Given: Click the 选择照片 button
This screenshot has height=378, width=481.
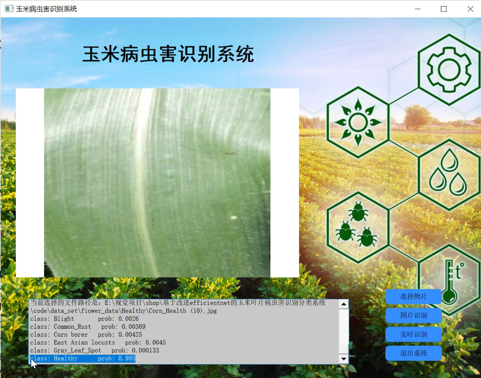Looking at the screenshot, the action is (x=413, y=296).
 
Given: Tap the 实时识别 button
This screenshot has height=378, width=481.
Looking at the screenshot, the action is (x=413, y=334).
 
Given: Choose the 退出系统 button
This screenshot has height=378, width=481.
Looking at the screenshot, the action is (x=413, y=353).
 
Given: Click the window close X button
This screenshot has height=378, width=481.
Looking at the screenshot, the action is (x=470, y=9).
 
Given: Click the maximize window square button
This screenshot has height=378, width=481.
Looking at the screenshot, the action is (x=444, y=9).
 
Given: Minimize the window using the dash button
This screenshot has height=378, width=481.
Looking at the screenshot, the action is (x=417, y=9).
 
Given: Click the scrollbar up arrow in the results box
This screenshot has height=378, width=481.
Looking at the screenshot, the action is (x=343, y=304).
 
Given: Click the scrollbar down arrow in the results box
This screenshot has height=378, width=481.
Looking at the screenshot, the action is (x=343, y=359).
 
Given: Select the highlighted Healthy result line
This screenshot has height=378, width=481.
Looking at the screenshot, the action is (x=83, y=358).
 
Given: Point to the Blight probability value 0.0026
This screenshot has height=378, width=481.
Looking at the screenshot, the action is (x=128, y=319).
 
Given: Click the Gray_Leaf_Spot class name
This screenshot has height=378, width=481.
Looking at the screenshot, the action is (x=77, y=350).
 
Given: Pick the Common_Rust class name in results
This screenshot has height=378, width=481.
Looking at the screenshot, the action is (x=72, y=327).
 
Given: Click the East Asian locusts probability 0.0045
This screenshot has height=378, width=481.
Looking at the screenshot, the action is (x=155, y=343).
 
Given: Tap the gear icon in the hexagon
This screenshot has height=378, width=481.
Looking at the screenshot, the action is (x=449, y=70).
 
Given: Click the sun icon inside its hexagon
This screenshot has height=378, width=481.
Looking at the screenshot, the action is (x=358, y=122).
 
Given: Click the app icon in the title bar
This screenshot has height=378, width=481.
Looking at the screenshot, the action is (x=9, y=9).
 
